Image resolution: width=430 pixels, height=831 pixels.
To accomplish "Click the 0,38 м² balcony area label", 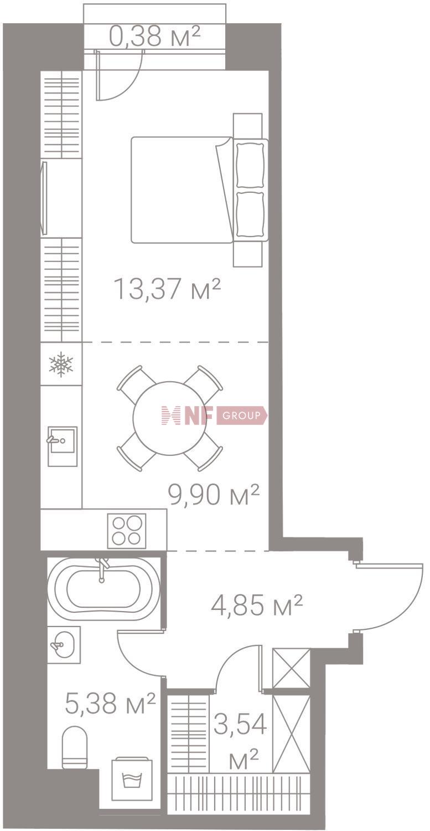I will [154, 37].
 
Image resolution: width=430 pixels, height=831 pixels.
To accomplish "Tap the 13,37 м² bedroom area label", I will [167, 289].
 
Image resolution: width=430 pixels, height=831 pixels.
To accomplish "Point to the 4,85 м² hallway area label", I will [257, 605].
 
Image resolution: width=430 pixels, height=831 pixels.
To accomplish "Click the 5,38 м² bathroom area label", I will [110, 704].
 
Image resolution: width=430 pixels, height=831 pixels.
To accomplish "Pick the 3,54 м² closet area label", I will [240, 739].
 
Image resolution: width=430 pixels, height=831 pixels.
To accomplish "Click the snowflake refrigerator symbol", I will [61, 365].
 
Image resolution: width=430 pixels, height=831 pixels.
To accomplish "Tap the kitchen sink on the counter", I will [62, 446].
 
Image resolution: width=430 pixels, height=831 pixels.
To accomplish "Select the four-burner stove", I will [126, 530].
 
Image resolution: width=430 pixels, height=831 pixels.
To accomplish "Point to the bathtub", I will [103, 588].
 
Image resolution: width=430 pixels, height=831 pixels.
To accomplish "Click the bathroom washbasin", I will [63, 644].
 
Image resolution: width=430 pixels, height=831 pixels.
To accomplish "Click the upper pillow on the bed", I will [250, 165].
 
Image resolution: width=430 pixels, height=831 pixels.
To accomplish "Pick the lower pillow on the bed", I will [250, 214].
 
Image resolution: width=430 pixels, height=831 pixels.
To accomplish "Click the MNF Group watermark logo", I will [214, 416].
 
